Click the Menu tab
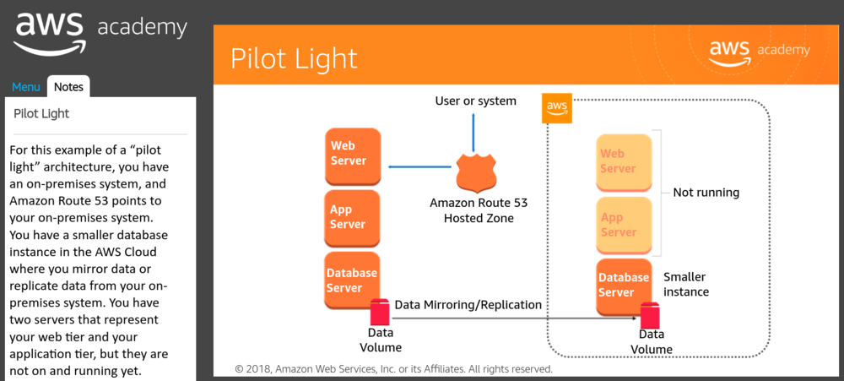point(25,87)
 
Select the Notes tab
point(68,87)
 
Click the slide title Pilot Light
point(294,58)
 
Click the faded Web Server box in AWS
point(624,161)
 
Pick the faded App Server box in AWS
point(624,225)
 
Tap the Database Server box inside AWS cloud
point(624,285)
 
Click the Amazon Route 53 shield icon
point(474,172)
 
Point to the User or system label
point(475,101)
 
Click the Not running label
point(706,193)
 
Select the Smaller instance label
point(685,285)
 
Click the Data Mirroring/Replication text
point(468,304)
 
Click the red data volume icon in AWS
point(649,316)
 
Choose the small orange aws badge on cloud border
point(556,108)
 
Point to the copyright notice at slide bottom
point(393,369)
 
